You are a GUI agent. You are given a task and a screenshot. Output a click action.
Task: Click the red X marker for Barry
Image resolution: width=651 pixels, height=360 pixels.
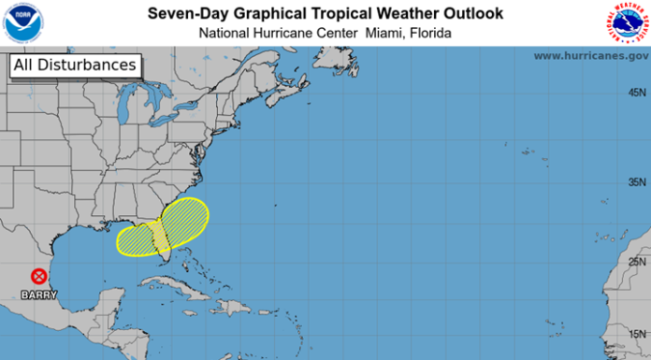(x=38, y=277)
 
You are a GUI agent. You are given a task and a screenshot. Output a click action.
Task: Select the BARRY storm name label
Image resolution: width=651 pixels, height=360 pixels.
(x=38, y=295)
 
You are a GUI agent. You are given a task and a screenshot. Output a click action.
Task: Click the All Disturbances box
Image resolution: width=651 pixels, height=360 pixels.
(x=75, y=65)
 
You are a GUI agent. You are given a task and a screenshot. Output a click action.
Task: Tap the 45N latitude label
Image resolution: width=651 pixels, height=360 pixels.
(x=638, y=93)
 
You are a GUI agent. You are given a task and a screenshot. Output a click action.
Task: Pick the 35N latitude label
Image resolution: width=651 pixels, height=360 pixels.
(x=638, y=181)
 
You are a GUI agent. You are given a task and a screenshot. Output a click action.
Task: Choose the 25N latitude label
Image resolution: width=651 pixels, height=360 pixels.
(x=638, y=262)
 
